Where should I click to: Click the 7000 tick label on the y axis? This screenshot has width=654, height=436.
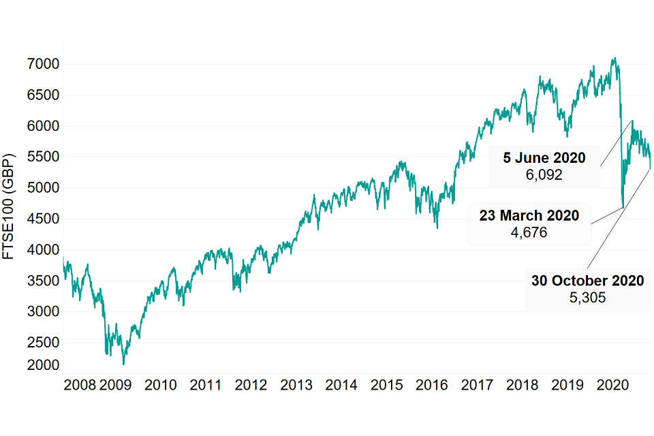click(x=42, y=64)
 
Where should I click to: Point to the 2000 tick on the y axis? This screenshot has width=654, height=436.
click(x=42, y=365)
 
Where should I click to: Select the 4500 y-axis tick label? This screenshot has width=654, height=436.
click(x=42, y=219)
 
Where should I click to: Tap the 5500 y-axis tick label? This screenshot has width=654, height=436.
click(x=42, y=157)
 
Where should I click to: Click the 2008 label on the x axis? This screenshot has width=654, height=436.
click(x=78, y=385)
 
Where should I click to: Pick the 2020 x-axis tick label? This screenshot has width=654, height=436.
click(x=612, y=385)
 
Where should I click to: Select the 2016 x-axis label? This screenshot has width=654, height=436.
click(x=431, y=385)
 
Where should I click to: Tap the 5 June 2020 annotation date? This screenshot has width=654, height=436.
click(x=544, y=158)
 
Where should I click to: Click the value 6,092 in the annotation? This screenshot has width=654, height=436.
click(x=544, y=175)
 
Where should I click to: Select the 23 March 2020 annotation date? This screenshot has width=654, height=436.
click(x=529, y=216)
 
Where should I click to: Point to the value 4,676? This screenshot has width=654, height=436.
click(x=529, y=232)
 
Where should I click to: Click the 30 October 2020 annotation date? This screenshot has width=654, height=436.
click(x=587, y=281)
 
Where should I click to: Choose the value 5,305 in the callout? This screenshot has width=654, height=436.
click(x=587, y=298)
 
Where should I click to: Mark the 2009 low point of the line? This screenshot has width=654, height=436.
click(x=123, y=364)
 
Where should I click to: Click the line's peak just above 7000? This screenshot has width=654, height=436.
click(x=614, y=58)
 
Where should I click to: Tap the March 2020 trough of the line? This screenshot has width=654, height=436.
click(x=623, y=207)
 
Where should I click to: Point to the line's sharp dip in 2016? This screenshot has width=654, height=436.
click(x=437, y=228)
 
